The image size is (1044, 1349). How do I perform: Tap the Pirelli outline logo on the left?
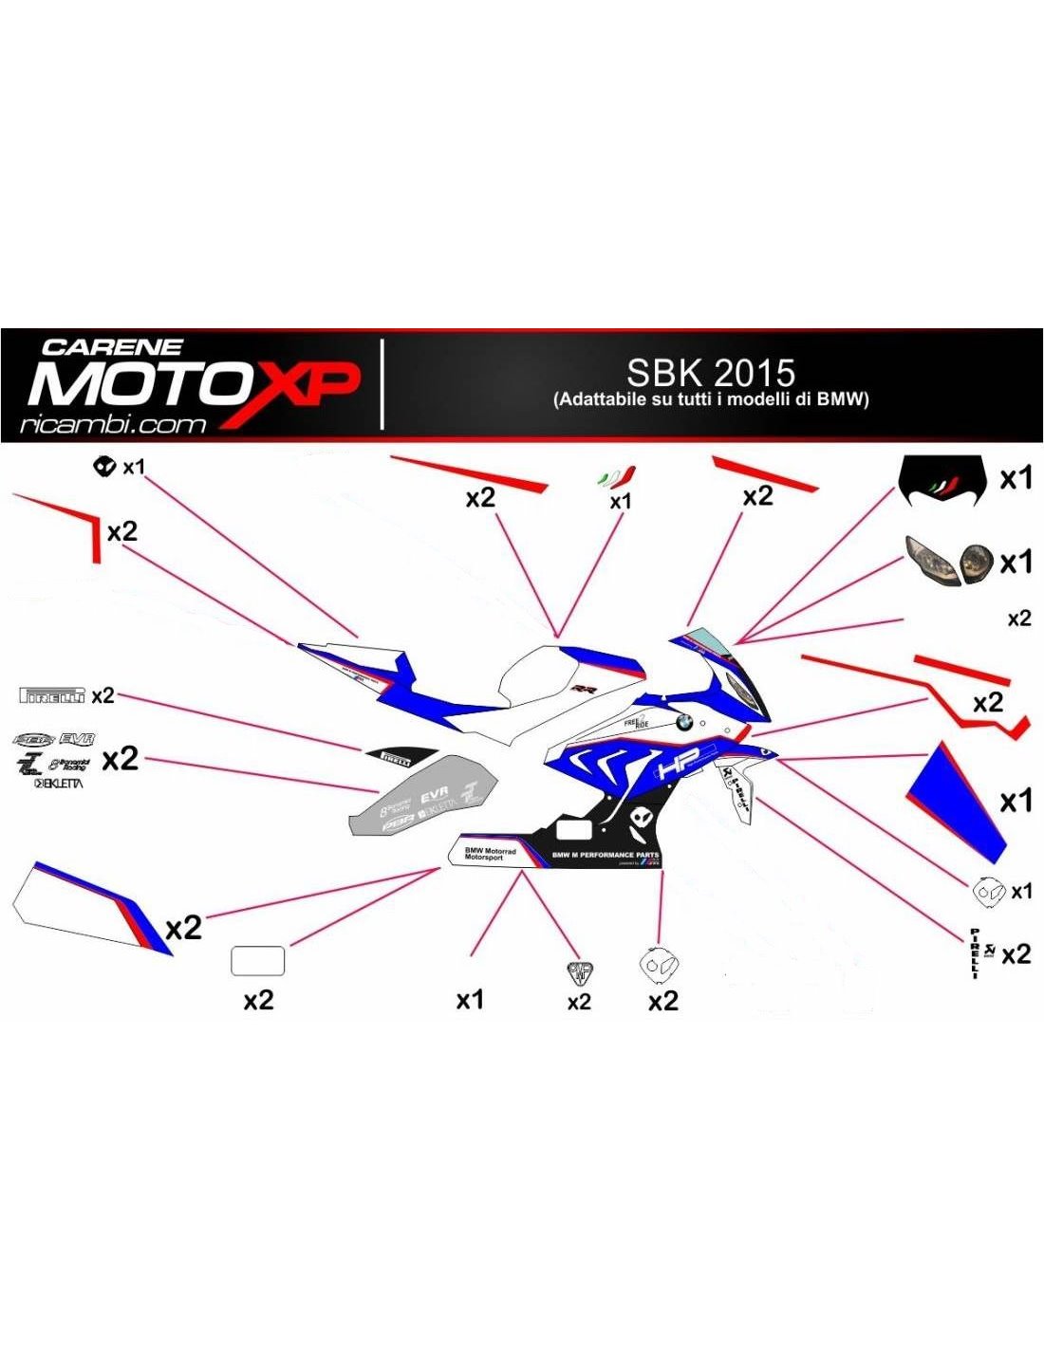(52, 695)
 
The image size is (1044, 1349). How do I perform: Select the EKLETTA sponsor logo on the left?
(59, 784)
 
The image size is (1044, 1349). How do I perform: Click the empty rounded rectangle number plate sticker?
(258, 961)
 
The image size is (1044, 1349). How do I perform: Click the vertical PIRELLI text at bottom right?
(975, 953)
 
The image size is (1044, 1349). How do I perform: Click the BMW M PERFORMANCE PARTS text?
(606, 855)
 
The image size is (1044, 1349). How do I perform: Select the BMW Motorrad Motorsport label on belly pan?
(490, 854)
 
